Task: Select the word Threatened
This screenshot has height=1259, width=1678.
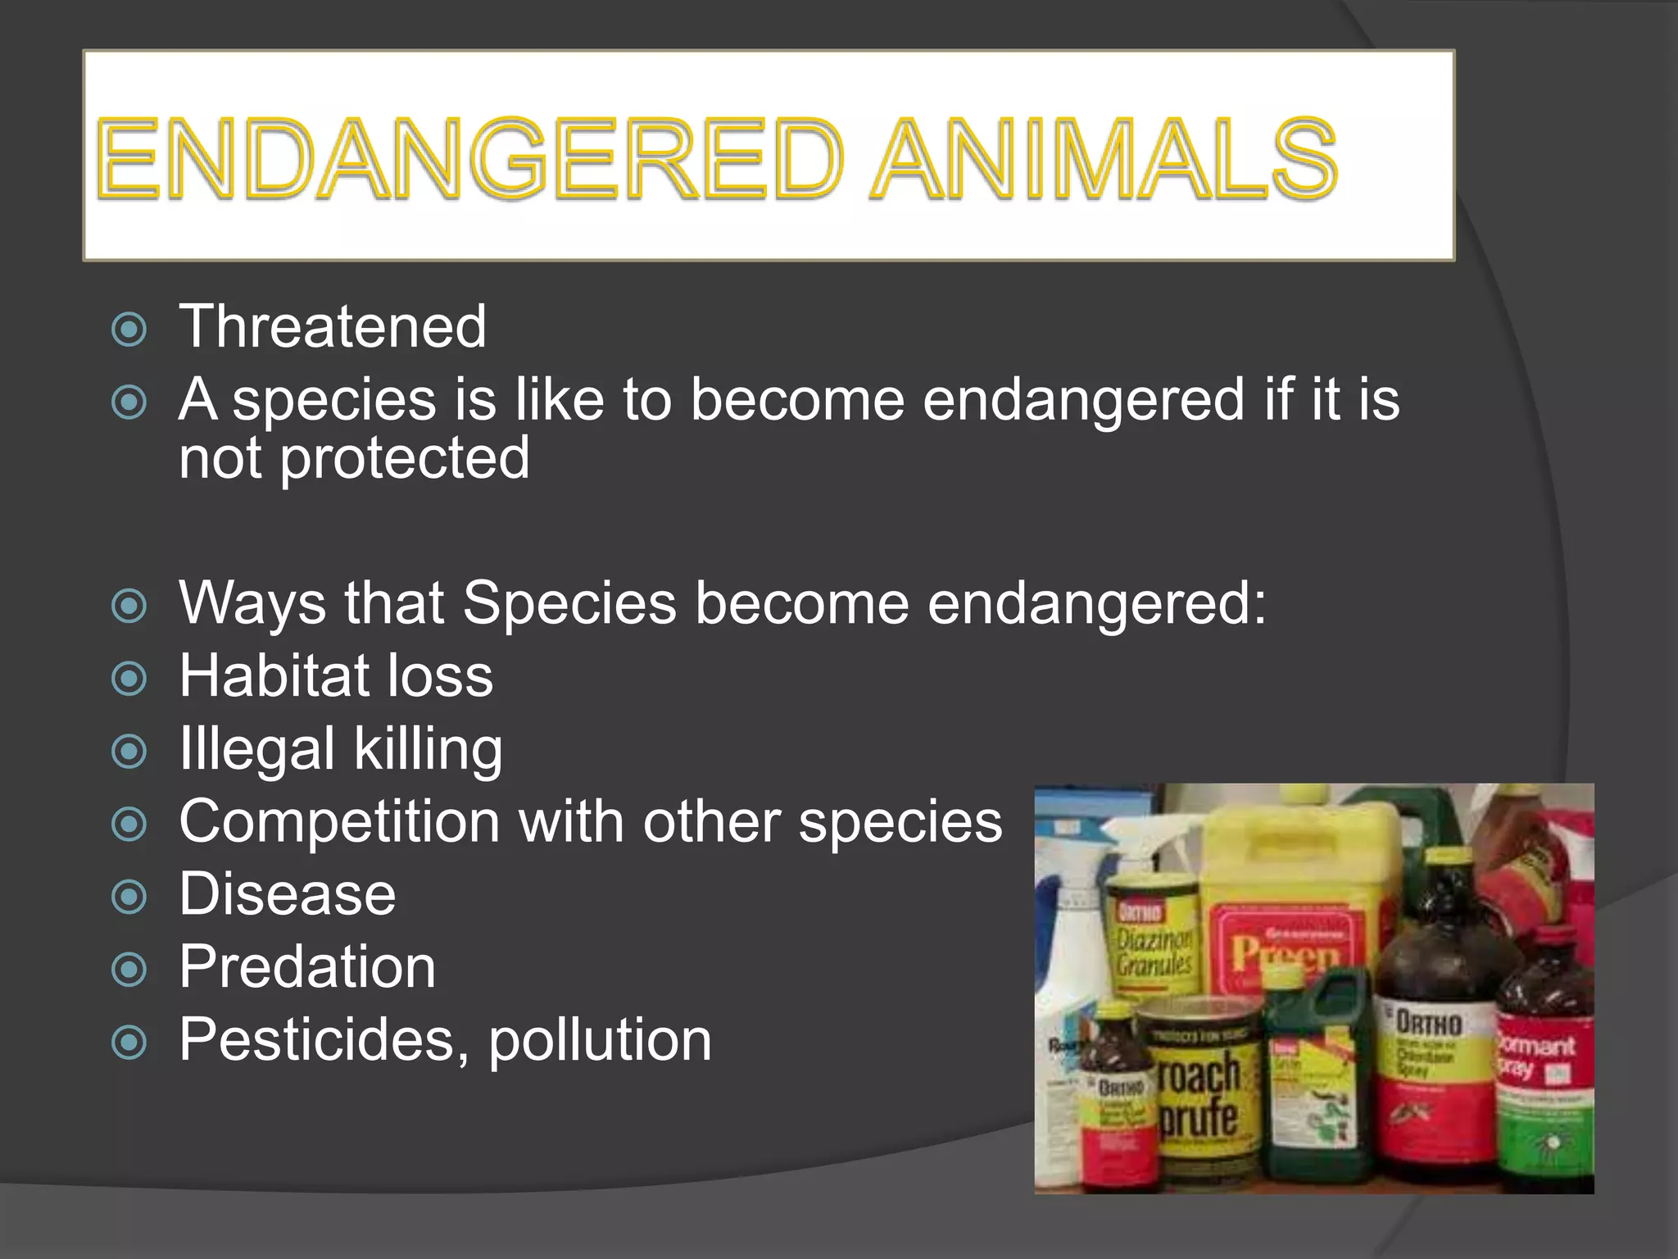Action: (333, 326)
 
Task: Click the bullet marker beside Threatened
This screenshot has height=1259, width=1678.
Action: (129, 330)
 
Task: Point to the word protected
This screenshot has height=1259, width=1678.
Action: (405, 459)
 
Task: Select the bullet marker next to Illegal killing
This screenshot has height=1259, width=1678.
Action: (129, 752)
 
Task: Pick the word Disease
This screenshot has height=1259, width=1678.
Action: (287, 893)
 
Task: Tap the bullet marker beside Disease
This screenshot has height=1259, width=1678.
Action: (129, 897)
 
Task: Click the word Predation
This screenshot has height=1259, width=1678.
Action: (307, 966)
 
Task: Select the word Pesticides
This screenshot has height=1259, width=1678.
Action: (316, 1039)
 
